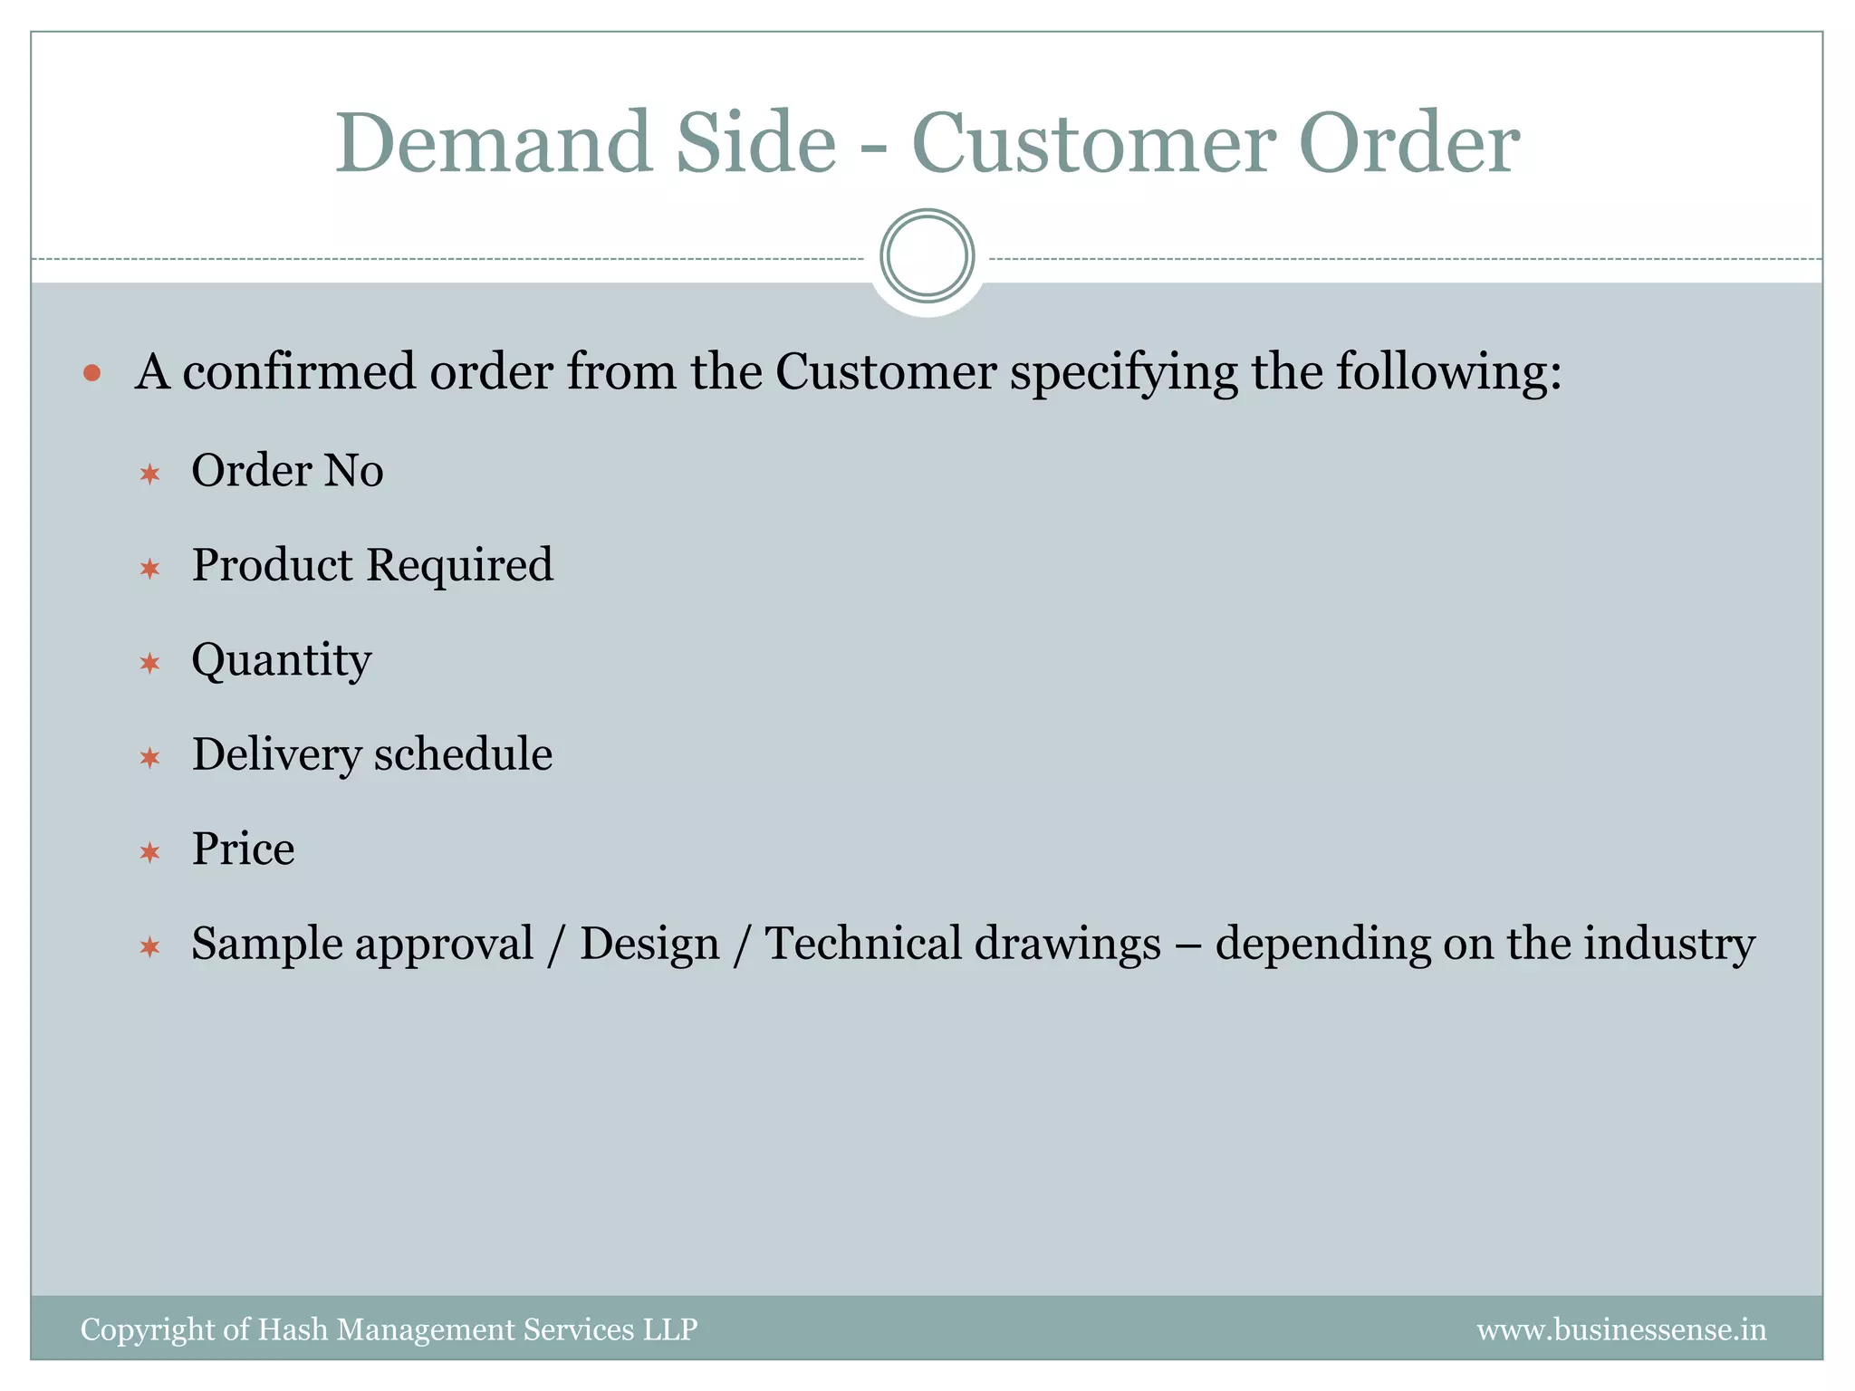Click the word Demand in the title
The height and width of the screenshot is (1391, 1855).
pos(494,143)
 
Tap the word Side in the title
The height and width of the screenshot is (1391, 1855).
pos(755,143)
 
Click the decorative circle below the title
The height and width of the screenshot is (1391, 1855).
pos(927,256)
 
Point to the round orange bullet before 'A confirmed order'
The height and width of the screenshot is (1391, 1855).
pos(91,372)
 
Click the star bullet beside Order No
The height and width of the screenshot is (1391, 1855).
pos(150,474)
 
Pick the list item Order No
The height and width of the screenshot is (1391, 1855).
pos(287,471)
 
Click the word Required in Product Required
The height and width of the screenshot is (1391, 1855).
pos(459,565)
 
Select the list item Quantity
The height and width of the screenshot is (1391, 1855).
pos(282,660)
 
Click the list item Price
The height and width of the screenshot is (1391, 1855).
pos(243,849)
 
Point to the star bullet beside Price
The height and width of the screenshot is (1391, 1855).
pos(150,852)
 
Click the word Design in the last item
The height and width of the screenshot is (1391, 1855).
pos(649,945)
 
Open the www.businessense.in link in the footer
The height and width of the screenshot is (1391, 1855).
pos(1621,1329)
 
